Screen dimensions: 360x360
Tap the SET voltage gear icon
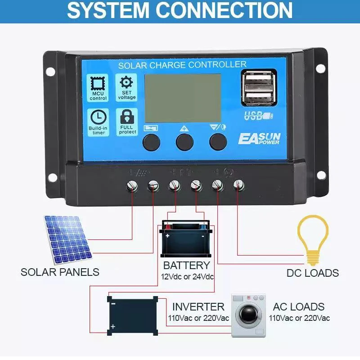(127, 82)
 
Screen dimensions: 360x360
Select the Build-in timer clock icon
(99, 117)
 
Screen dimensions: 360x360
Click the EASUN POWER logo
(259, 138)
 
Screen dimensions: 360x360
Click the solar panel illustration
(68, 239)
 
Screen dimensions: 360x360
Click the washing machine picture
(248, 315)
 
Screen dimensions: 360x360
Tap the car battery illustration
(186, 239)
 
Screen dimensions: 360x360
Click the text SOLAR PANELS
(60, 272)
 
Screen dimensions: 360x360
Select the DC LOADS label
(313, 273)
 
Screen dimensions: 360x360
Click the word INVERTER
(198, 307)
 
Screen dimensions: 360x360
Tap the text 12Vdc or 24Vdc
(187, 276)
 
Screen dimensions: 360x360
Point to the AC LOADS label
(299, 307)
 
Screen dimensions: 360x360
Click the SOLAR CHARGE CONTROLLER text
(182, 65)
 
